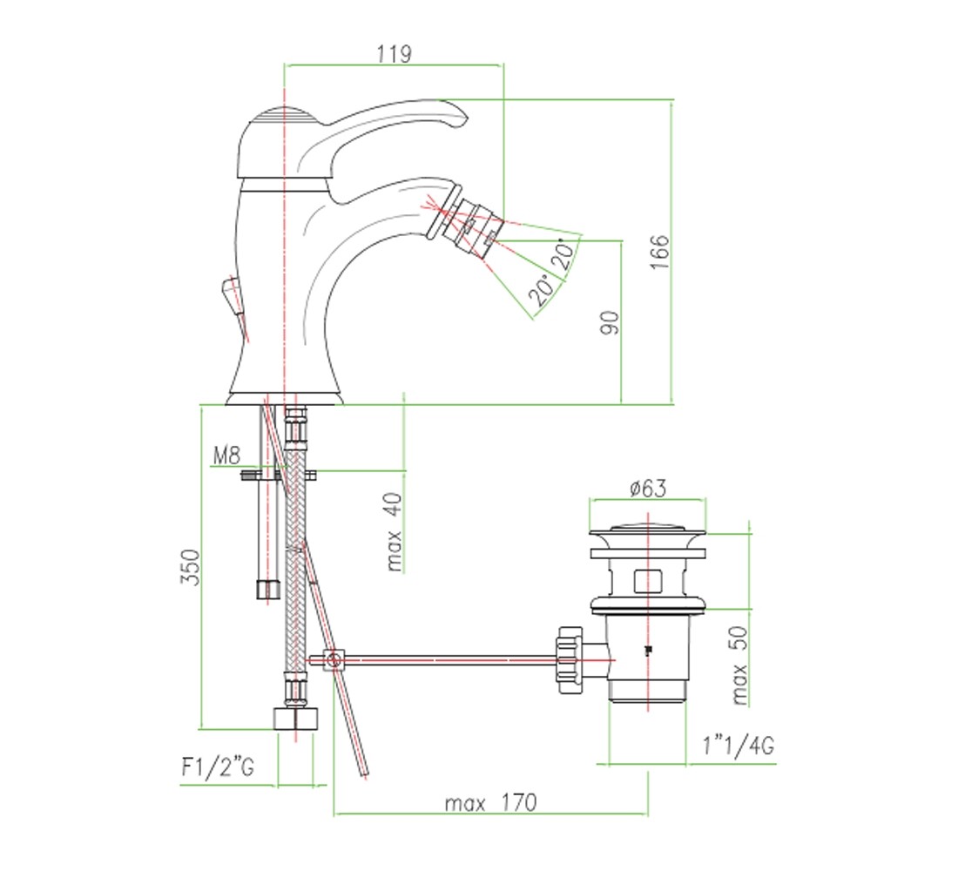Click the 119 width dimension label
[x=394, y=54]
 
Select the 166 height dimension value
[x=659, y=252]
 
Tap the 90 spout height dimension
[x=610, y=322]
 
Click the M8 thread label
[x=226, y=456]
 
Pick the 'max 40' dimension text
[x=394, y=532]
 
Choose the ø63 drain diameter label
[x=648, y=488]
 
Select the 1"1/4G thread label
[x=739, y=745]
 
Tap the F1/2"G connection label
[x=218, y=766]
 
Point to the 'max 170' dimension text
[x=490, y=802]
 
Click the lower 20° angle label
[x=542, y=291]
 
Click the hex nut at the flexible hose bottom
[x=295, y=719]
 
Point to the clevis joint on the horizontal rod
[x=333, y=660]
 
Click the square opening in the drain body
[x=648, y=581]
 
